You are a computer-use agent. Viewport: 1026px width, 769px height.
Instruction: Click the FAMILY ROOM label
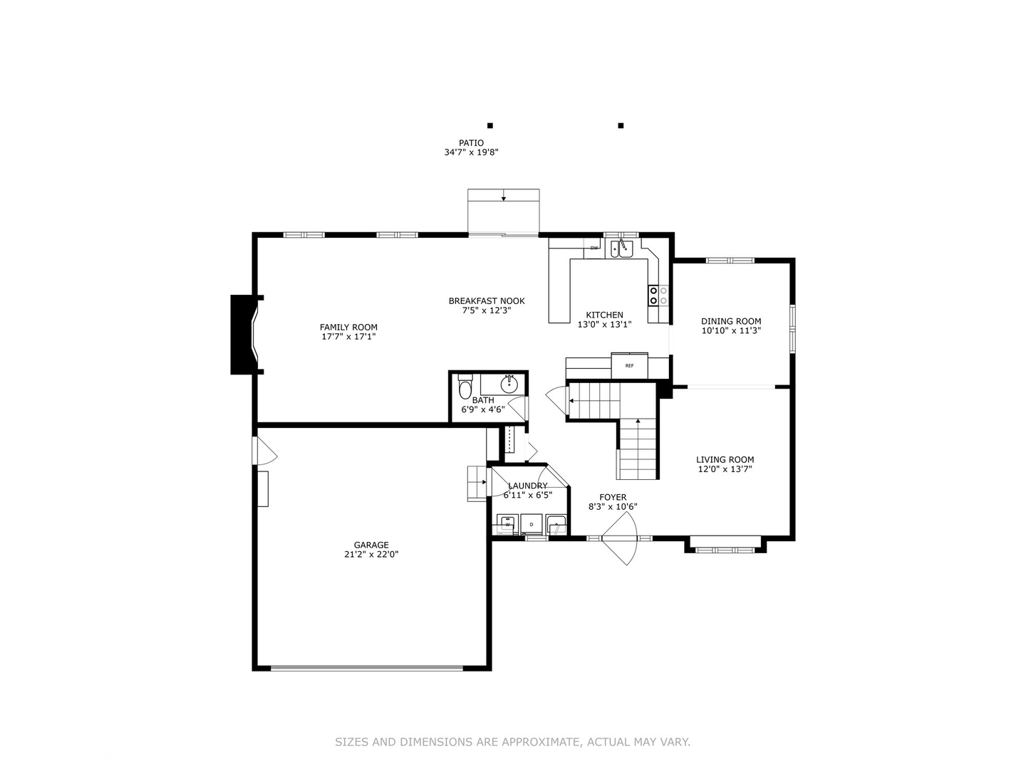(x=348, y=328)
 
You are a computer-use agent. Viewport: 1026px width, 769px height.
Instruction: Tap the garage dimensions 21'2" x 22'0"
(x=371, y=554)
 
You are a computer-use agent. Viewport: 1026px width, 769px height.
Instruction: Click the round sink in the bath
(x=509, y=385)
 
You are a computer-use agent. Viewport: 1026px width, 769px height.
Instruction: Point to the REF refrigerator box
(x=629, y=365)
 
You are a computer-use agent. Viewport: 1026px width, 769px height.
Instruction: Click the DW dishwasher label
(x=594, y=248)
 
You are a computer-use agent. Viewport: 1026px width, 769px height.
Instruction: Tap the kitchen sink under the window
(x=621, y=249)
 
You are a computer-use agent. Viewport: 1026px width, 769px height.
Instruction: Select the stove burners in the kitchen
(x=658, y=295)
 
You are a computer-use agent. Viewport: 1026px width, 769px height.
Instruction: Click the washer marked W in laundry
(x=507, y=525)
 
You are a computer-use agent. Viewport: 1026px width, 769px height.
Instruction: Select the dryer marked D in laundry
(x=531, y=525)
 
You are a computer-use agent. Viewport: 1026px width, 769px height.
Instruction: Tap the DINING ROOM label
(x=731, y=321)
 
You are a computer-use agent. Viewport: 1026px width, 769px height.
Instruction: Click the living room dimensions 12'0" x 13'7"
(x=725, y=469)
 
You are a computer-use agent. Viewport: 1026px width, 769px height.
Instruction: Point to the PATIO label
(x=471, y=143)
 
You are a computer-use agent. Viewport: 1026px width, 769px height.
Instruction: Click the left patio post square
(x=489, y=125)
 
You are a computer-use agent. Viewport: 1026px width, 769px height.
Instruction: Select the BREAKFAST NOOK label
(x=487, y=301)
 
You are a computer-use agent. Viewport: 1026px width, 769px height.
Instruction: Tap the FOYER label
(x=613, y=498)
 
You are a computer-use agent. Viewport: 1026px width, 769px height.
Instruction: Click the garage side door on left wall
(x=264, y=451)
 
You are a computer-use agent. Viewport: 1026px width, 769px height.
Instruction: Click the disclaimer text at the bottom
(x=512, y=742)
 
